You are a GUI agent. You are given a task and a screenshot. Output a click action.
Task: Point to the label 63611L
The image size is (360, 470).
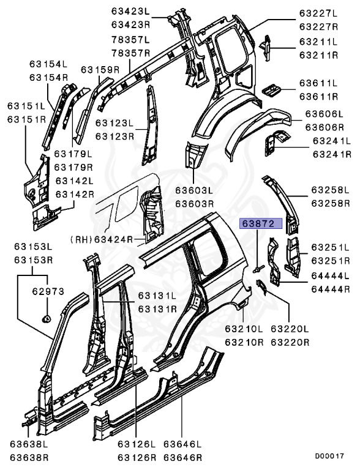(318, 83)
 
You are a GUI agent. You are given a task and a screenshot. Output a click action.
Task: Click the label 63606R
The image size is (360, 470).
(324, 127)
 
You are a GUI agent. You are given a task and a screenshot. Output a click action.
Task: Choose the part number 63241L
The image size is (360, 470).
(331, 141)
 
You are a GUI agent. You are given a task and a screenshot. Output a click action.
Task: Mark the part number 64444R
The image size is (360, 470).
(330, 289)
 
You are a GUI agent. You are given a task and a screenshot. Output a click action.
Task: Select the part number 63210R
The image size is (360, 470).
(244, 343)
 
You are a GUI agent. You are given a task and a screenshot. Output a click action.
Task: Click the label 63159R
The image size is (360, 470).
(100, 70)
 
